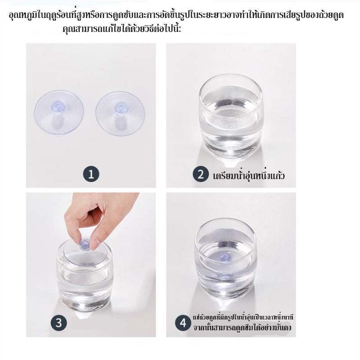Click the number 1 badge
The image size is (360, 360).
[91, 174]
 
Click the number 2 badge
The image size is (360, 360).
[201, 174]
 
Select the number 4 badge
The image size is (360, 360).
[183, 322]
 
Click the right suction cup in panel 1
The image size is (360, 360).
[120, 113]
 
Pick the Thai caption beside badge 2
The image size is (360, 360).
[248, 175]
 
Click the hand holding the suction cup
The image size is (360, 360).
[97, 216]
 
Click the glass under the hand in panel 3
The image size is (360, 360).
[85, 279]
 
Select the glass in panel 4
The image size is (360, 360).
[226, 259]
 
